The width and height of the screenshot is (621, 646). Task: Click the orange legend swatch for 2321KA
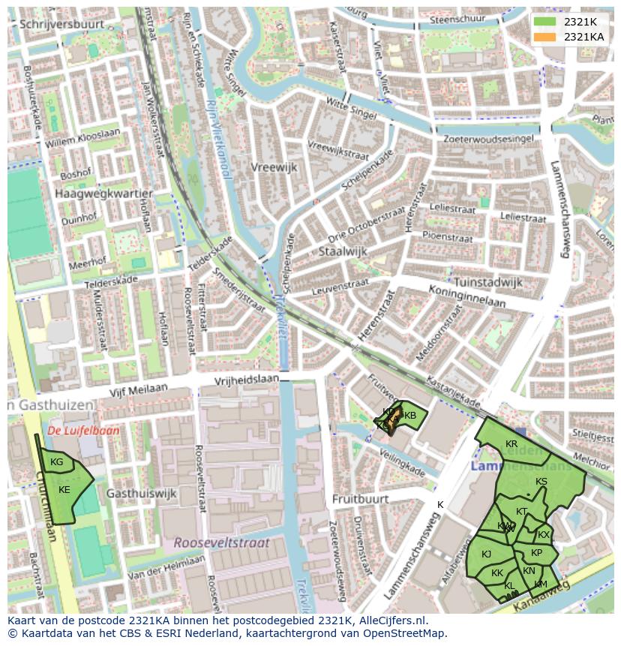point(546,37)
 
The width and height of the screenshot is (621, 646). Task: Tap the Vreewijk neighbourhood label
point(274,167)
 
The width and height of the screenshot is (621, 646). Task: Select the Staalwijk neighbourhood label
point(343,251)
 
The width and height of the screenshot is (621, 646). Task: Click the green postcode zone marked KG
point(57,462)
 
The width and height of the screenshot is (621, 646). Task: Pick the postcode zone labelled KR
point(511,444)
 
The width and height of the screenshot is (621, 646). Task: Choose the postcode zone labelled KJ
point(486,554)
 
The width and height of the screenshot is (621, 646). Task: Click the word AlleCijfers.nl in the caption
point(390,621)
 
